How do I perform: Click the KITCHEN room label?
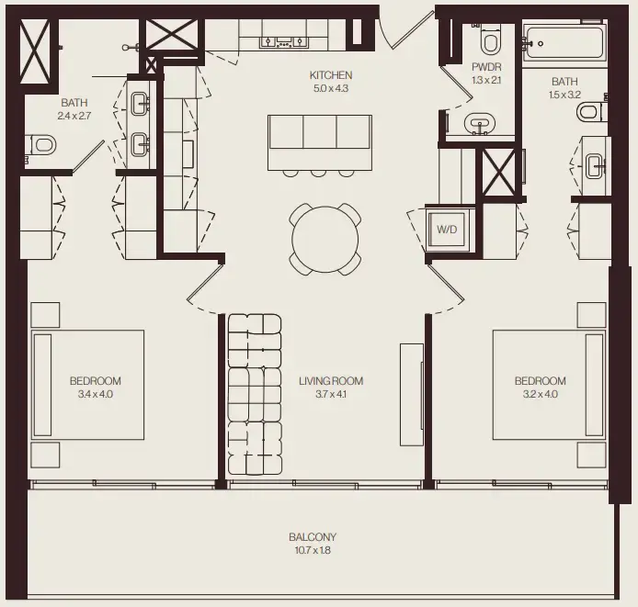click(x=331, y=75)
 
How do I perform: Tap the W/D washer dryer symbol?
click(x=446, y=229)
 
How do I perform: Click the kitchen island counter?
click(x=319, y=141)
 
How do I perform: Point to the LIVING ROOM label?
click(x=331, y=381)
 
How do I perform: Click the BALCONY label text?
click(x=313, y=537)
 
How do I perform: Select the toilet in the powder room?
click(x=489, y=41)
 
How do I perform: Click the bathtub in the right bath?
click(x=563, y=42)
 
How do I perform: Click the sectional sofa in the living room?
click(x=254, y=395)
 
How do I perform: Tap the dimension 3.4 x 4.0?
click(x=96, y=394)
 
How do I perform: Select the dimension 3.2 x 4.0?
click(x=540, y=394)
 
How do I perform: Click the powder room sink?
click(x=477, y=123)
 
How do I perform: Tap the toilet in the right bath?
click(x=589, y=112)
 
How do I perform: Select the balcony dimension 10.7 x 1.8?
click(x=313, y=551)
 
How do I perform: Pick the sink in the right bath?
click(x=594, y=165)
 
